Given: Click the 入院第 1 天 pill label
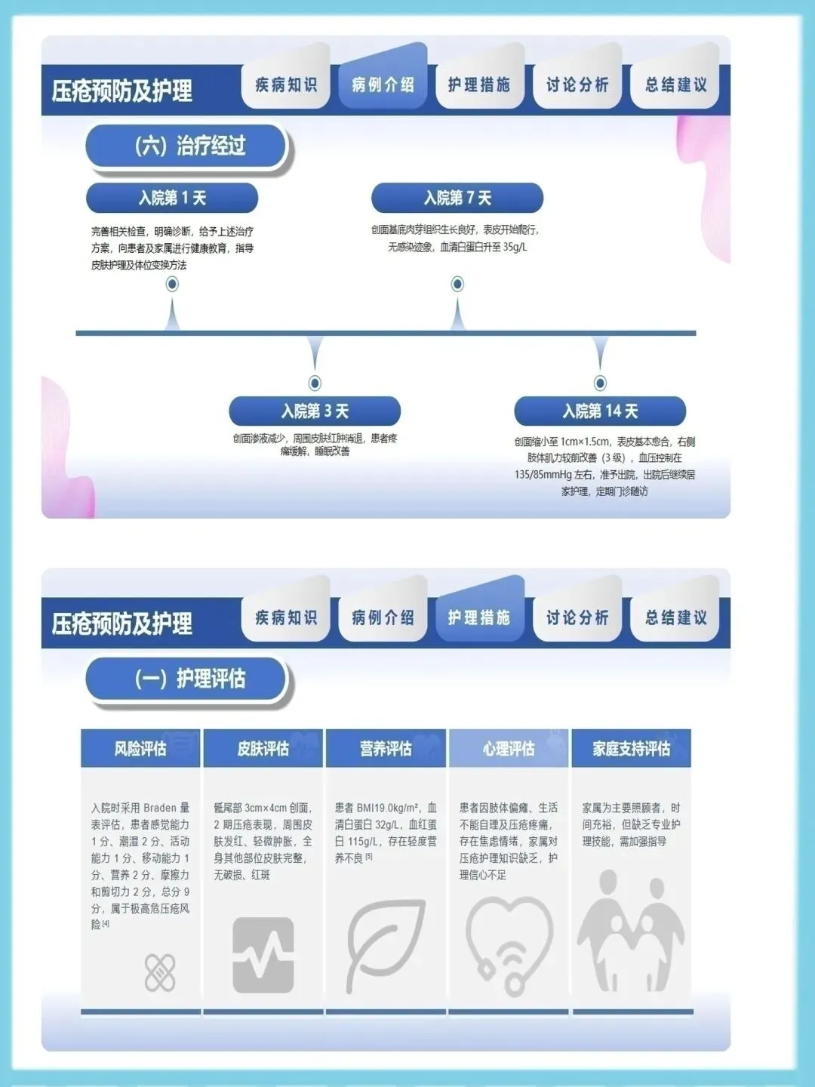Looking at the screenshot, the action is (172, 198).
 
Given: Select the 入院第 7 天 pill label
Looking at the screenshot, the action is (457, 198).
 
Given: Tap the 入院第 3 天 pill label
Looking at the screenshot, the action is (315, 411).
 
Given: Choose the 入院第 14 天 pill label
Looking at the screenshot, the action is (600, 411).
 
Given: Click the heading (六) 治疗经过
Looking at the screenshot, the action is (189, 146).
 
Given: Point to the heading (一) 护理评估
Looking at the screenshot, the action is (189, 679).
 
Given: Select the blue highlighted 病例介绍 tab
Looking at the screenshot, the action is (383, 85).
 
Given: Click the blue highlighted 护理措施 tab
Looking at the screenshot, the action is (479, 617).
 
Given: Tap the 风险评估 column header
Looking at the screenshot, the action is (140, 749).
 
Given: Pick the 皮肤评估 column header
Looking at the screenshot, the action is (263, 749).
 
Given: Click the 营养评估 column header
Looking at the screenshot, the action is (386, 749).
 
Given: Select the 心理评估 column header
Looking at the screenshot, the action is (509, 749).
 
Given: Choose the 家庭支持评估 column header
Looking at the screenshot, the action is (632, 749).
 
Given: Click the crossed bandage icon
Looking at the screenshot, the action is (160, 972).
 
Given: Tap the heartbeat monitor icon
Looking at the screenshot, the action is (263, 955).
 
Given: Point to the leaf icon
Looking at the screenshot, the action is (385, 944).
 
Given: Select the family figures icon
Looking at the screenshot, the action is (632, 932).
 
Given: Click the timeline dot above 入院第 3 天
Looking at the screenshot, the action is (315, 383).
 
